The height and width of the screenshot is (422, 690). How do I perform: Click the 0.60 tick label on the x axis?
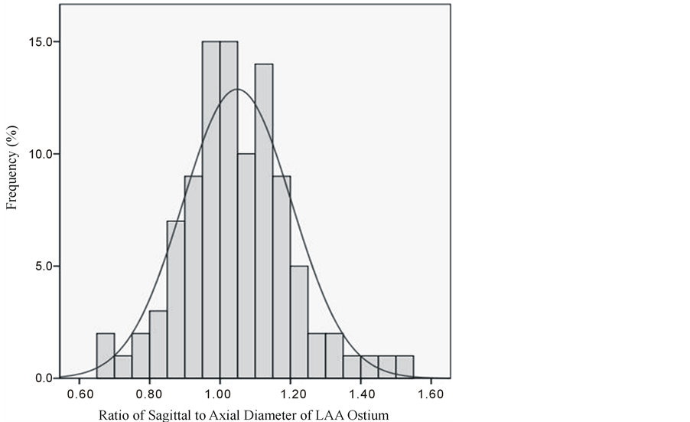click(79, 395)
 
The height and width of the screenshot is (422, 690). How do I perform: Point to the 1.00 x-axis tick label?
click(220, 395)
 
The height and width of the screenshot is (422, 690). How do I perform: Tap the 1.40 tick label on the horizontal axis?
click(360, 395)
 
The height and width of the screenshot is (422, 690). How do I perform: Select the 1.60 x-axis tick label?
click(431, 395)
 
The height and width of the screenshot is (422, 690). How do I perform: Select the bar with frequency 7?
click(176, 299)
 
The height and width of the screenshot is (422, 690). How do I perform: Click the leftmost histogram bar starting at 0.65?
click(106, 356)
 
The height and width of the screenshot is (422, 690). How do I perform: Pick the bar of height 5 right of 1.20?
click(299, 322)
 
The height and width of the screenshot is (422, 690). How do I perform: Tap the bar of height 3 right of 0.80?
click(158, 345)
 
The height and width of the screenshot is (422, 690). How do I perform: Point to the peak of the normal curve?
click(237, 90)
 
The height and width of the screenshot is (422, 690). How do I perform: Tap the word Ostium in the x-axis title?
click(371, 416)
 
